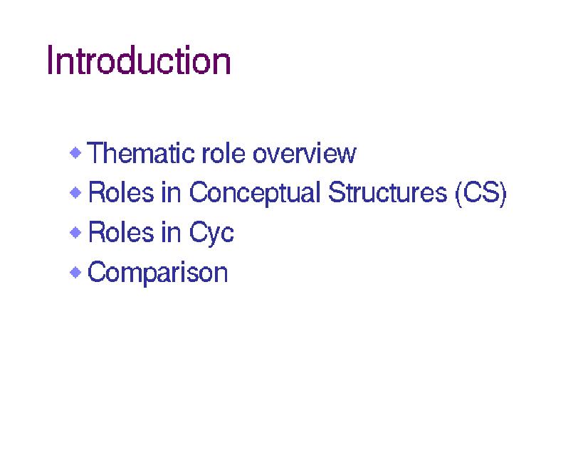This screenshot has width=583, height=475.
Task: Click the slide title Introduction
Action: [139, 60]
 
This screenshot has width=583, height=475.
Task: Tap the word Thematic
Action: [140, 152]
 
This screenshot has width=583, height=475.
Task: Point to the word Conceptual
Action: [255, 193]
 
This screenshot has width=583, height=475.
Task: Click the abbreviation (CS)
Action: [480, 193]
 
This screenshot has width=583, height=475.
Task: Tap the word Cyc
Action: [211, 233]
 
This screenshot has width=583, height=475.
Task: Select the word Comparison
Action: [157, 273]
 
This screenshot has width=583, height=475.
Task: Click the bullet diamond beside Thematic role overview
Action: [75, 153]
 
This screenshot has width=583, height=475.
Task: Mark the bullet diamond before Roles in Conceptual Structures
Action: [75, 193]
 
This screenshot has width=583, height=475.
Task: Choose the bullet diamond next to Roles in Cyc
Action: [75, 232]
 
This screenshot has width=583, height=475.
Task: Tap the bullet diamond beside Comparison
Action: [75, 272]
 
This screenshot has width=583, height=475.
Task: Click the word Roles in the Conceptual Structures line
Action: [121, 192]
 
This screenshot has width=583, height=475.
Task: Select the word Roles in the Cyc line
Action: [121, 231]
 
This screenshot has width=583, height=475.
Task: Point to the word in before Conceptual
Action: [172, 192]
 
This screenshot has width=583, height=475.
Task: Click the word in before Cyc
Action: [172, 231]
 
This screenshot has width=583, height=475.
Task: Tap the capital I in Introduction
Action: [51, 61]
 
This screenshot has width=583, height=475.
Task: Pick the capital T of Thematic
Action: [96, 152]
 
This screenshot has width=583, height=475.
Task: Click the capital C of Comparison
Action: [98, 272]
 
